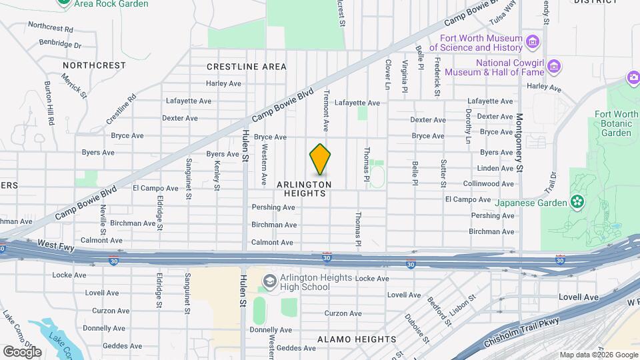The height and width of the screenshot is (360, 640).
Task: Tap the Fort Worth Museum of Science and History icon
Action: pyautogui.click(x=532, y=42)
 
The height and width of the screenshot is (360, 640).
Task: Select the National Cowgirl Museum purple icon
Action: pyautogui.click(x=555, y=67)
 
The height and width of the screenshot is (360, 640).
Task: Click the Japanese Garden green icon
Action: pyautogui.click(x=577, y=201)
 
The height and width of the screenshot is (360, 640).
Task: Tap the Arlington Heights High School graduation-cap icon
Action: pyautogui.click(x=269, y=281)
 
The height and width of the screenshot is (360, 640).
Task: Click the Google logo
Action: pyautogui.click(x=22, y=351)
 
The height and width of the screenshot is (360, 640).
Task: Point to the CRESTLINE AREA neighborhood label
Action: pyautogui.click(x=247, y=67)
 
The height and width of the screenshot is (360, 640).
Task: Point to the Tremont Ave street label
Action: pyautogui.click(x=326, y=110)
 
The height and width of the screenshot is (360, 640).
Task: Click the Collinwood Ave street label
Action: pyautogui.click(x=489, y=183)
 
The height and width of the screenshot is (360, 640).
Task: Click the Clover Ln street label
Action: pyautogui.click(x=387, y=73)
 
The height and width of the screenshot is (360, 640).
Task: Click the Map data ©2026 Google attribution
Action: pyautogui.click(x=598, y=355)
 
